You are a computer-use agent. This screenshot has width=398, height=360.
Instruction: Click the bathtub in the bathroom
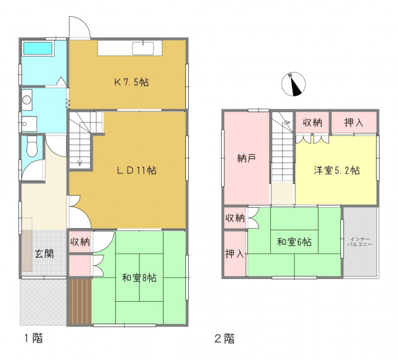pos(38,48)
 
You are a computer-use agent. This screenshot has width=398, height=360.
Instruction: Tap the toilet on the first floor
pos(32,146)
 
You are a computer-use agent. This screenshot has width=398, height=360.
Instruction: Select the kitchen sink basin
pos(143,48)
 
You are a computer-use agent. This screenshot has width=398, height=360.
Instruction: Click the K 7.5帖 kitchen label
pos(131,82)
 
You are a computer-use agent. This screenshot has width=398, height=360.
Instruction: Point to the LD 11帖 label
pos(137,170)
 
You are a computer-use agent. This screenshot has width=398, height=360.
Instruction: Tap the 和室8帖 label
pos(139,278)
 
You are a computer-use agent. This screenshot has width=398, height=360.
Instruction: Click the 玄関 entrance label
pos(44,254)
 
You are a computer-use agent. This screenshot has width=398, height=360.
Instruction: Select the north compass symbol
pos(294,84)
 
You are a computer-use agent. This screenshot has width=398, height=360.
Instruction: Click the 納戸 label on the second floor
pos(246,158)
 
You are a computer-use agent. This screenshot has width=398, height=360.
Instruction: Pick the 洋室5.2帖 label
pos(337,170)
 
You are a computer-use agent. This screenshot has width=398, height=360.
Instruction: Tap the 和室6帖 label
pos(294,242)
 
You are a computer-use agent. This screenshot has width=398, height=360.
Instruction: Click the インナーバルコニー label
pos(360,242)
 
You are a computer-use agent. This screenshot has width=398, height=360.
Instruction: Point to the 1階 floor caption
pos(34,338)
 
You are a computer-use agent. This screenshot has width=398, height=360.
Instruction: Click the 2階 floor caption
pos(224,338)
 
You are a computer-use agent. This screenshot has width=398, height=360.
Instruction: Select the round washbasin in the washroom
pos(26,100)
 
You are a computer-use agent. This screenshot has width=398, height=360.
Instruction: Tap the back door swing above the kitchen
pos(80,28)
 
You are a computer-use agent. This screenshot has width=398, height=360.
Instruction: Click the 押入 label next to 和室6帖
pos(235,253)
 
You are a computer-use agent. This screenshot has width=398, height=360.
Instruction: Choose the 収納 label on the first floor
pos(80,242)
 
